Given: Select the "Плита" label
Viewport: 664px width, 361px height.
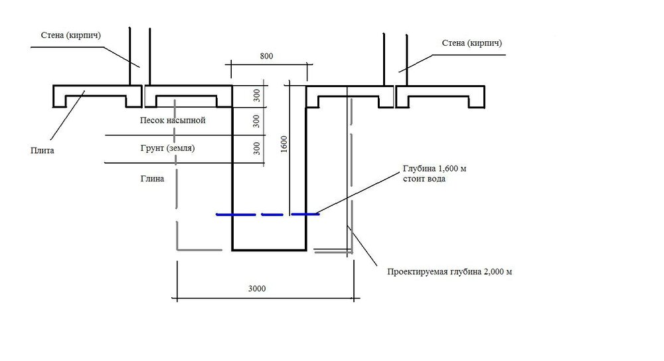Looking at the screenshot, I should click(x=42, y=150).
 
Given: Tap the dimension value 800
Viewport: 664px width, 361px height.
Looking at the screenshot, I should click(x=266, y=57).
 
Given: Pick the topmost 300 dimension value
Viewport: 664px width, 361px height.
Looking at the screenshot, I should click(x=258, y=96).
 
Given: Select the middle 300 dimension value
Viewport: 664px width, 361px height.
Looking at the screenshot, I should click(x=258, y=121).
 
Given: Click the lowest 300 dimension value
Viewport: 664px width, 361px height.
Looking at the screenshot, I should click(x=258, y=148).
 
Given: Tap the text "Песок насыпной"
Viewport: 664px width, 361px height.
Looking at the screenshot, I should click(x=173, y=121).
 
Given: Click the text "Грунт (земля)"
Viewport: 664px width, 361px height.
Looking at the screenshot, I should click(x=167, y=148).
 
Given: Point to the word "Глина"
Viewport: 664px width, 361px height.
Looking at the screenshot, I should click(x=152, y=178).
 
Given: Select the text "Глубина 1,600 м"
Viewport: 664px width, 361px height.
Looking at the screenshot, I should click(x=435, y=170).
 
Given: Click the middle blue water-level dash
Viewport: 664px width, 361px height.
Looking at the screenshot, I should click(x=272, y=215).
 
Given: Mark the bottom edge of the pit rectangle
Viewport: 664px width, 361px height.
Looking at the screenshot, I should click(x=269, y=250).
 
